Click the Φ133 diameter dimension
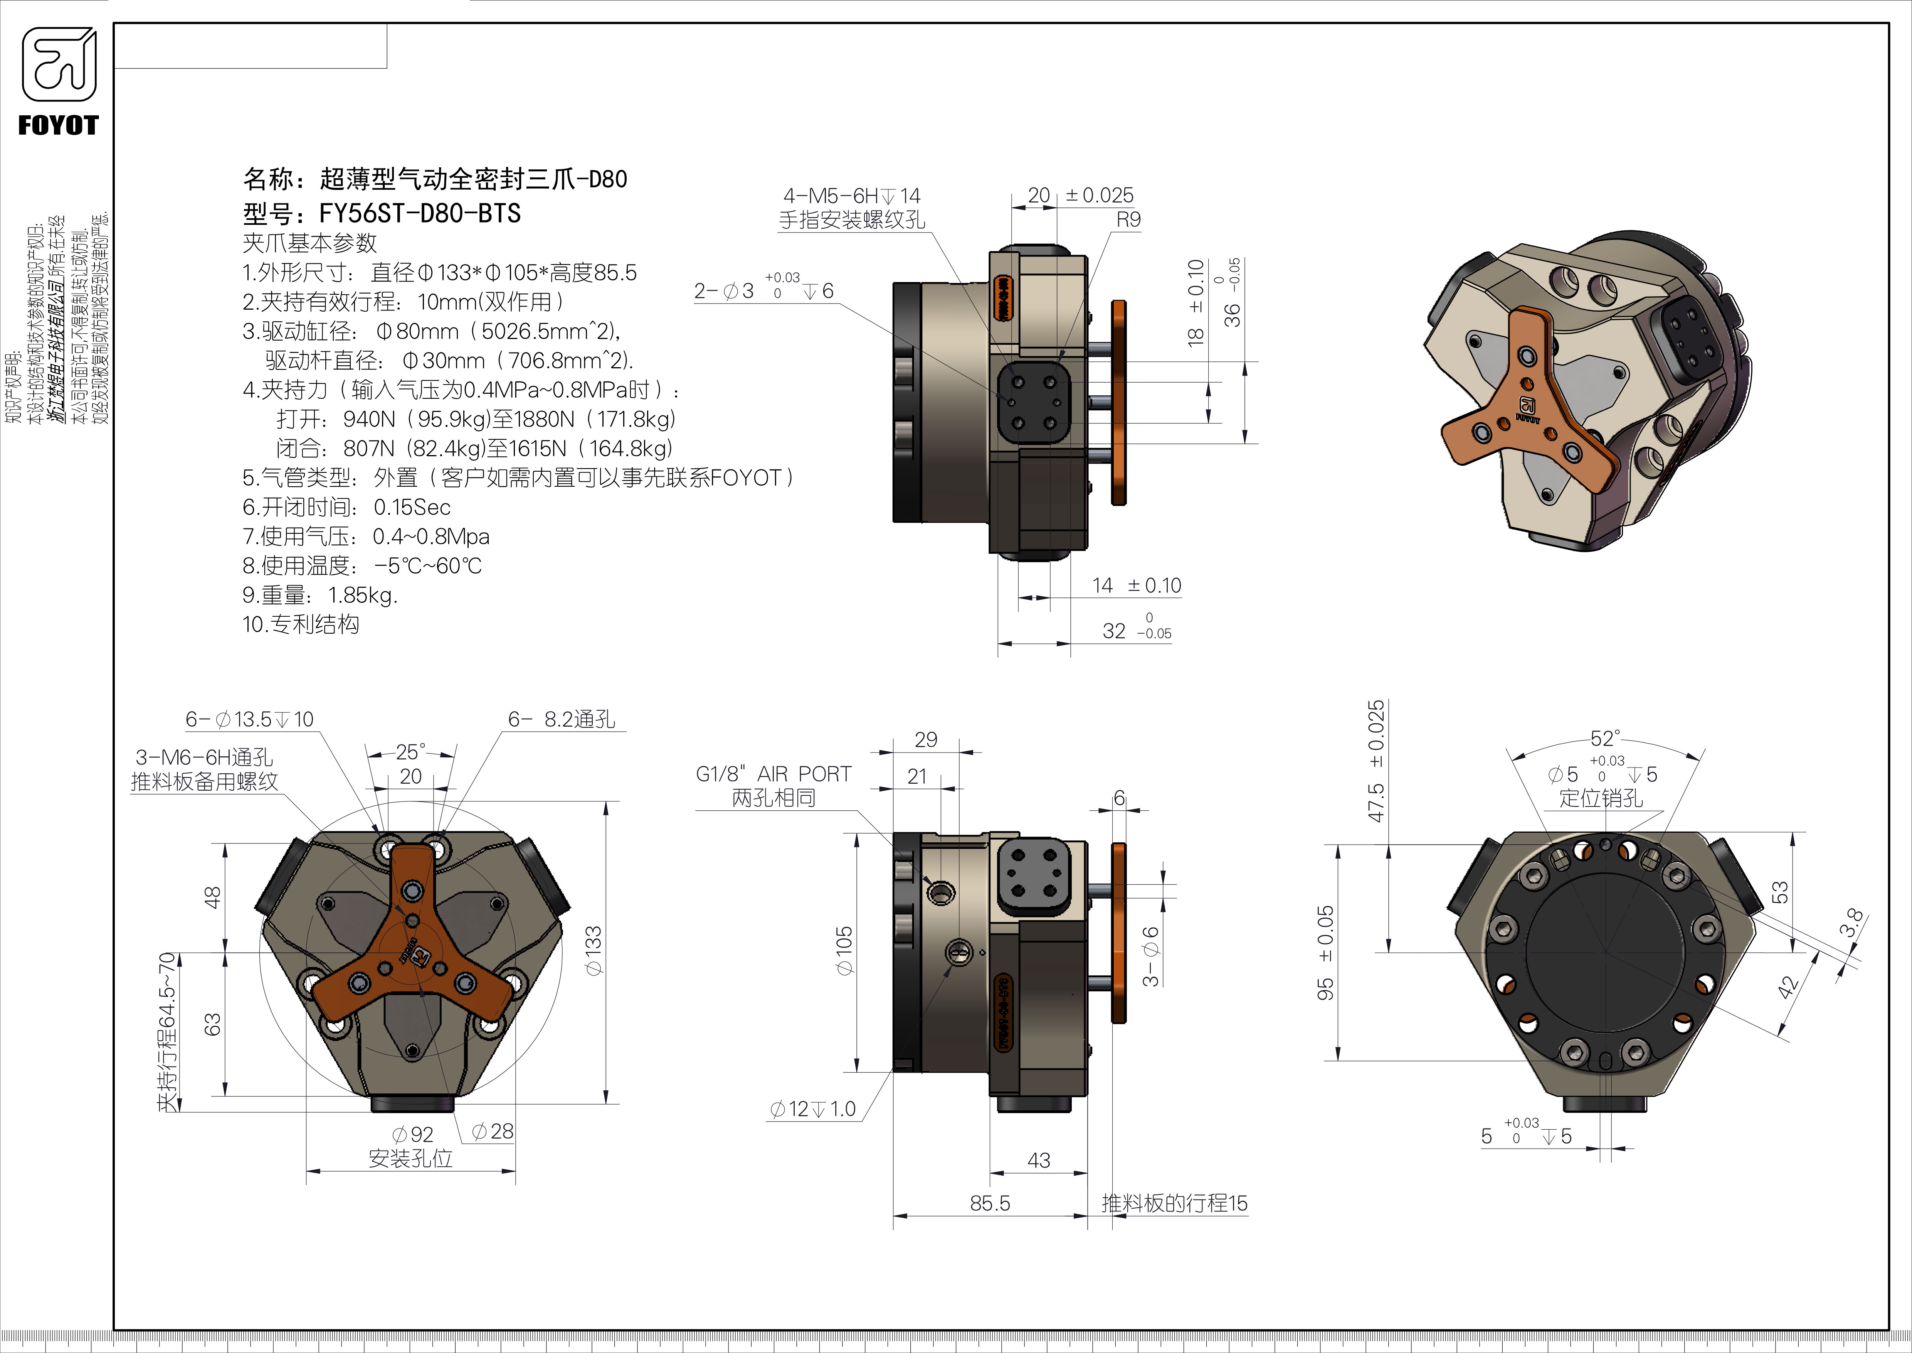(x=593, y=950)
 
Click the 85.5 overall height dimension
(x=989, y=1203)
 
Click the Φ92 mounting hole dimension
(x=412, y=1135)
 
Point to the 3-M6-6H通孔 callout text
(x=204, y=757)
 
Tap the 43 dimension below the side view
(x=1038, y=1160)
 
